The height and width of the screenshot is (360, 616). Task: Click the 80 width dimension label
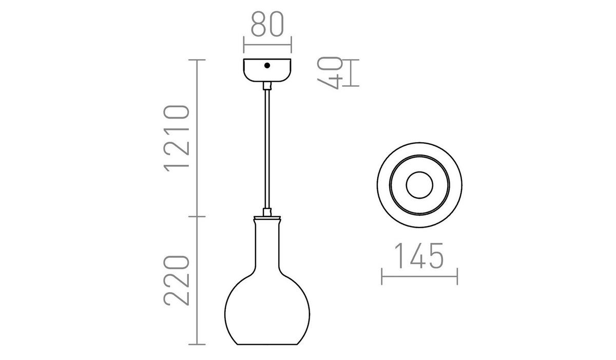pos(267,24)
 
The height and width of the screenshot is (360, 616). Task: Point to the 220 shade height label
pos(177,279)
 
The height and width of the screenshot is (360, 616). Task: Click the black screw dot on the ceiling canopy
pos(267,66)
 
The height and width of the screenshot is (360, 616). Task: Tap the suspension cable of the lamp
pos(267,149)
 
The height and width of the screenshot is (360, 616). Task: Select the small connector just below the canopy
pos(267,86)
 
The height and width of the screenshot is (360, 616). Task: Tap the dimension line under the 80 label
pos(267,44)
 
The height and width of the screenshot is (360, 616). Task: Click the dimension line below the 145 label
pos(419,276)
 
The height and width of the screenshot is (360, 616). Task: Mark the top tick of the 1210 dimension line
pos(198,60)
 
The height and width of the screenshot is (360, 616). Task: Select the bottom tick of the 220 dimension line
pos(198,344)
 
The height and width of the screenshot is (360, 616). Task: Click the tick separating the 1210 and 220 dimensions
pos(198,216)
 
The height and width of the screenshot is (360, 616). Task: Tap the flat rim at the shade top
pos(267,217)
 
